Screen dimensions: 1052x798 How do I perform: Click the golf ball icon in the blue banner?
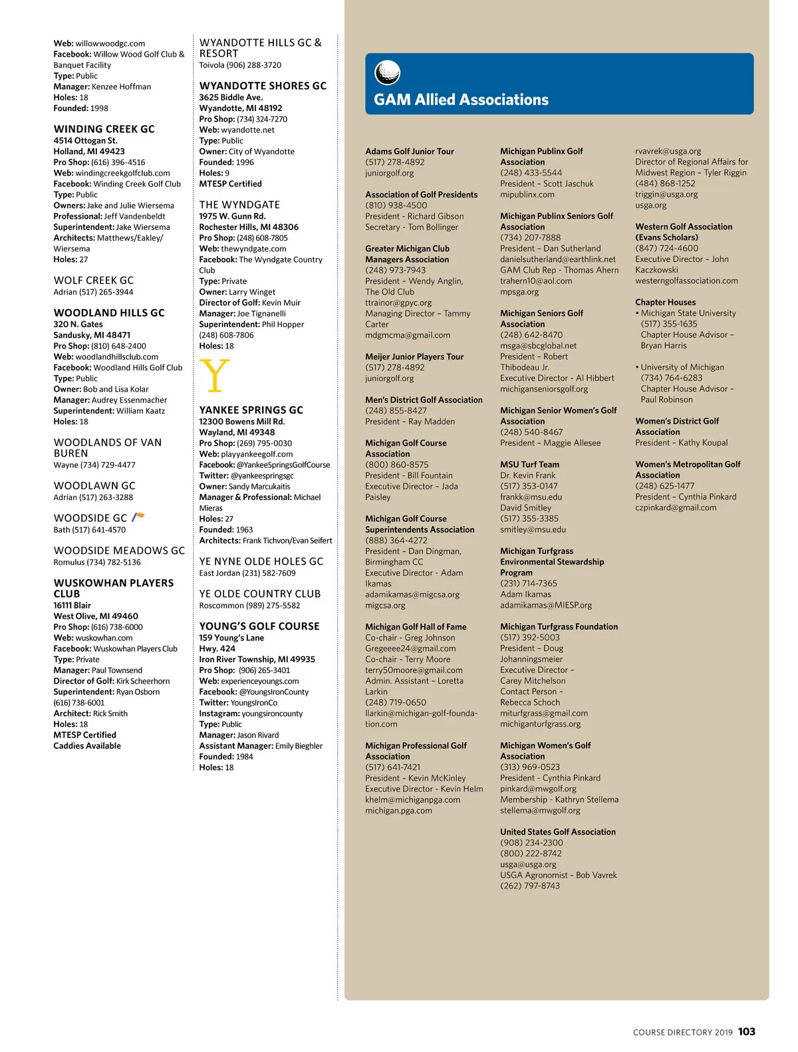[x=388, y=72]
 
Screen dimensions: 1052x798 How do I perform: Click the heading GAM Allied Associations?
[x=461, y=100]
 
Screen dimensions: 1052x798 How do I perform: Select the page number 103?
[x=747, y=1031]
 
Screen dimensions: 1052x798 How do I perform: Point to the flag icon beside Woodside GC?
[x=138, y=517]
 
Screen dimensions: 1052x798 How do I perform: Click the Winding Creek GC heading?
[x=104, y=129]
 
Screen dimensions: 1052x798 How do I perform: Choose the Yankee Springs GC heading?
[x=251, y=410]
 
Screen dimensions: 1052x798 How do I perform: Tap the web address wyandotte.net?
[x=247, y=130]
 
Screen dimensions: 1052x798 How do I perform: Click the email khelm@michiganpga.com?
[x=412, y=799]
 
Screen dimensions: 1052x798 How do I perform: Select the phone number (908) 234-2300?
[x=531, y=843]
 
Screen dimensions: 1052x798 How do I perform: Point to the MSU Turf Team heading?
[x=529, y=464]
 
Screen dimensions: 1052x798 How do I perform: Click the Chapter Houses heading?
[x=665, y=302]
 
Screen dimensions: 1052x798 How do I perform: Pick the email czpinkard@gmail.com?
[x=676, y=507]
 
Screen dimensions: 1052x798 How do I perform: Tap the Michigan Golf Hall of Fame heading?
[x=416, y=626]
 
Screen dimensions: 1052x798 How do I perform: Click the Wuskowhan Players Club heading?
[x=113, y=588]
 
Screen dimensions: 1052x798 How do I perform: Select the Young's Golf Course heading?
[x=259, y=626]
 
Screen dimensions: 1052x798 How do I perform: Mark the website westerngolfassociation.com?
[x=686, y=281]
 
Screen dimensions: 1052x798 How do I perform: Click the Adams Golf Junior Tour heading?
[x=409, y=151]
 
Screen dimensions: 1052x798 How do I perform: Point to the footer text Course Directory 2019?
[x=682, y=1033]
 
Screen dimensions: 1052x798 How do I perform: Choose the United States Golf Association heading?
[x=557, y=832]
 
